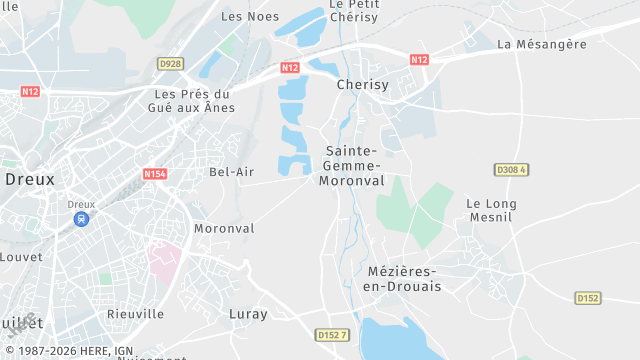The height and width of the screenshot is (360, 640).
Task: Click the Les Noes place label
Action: point(249,16)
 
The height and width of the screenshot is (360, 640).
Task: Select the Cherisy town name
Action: point(362,85)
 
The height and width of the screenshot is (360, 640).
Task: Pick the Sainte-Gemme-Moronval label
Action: point(351,166)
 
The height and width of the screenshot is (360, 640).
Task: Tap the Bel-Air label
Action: point(232,172)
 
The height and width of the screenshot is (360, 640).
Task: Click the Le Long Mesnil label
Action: point(491,211)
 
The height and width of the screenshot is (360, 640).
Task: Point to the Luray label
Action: point(248,314)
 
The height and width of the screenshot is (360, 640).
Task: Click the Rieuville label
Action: point(136,314)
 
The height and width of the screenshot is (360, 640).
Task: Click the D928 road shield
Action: point(171,64)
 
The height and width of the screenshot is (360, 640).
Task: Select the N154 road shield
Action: point(154,174)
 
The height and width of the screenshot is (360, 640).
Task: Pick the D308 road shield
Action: point(510,170)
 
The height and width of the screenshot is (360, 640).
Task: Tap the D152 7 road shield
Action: point(331,334)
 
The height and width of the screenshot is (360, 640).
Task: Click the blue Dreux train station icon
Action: point(81,219)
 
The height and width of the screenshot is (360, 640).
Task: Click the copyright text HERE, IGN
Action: point(70,351)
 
